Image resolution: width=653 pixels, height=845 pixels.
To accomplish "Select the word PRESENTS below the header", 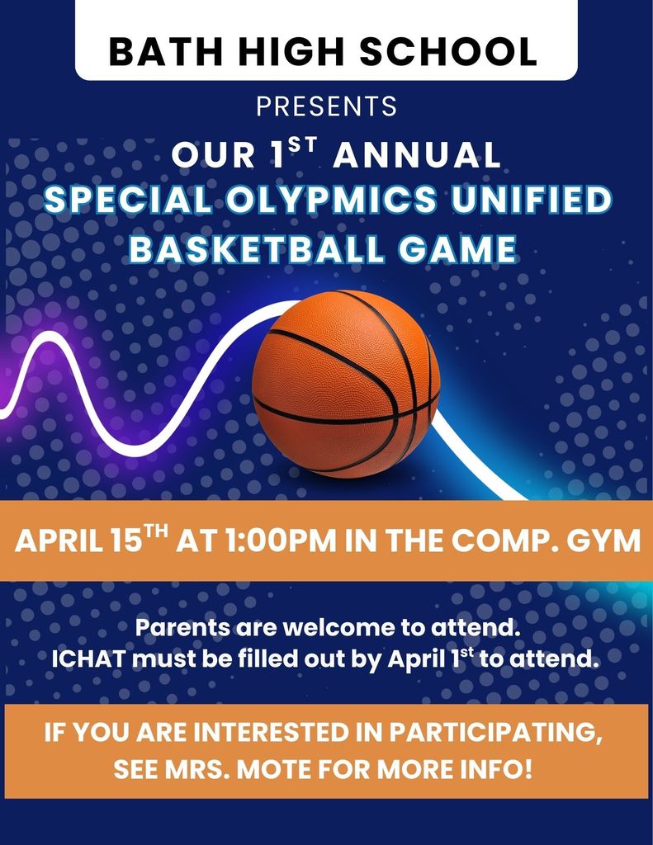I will (326, 106).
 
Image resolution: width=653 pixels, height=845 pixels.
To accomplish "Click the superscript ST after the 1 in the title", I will (302, 147).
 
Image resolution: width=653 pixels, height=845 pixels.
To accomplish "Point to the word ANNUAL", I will (416, 155).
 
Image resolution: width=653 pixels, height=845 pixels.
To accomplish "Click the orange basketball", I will (346, 383).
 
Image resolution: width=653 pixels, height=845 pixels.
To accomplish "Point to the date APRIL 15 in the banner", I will (78, 541).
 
